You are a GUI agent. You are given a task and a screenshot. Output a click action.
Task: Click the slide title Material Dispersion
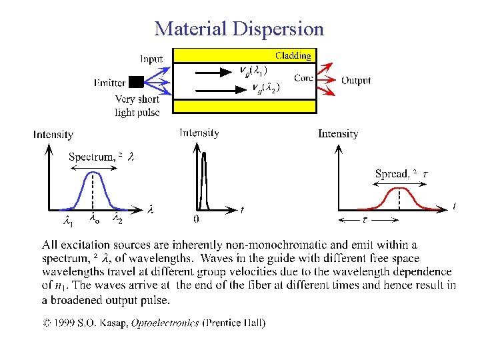pyautogui.click(x=239, y=29)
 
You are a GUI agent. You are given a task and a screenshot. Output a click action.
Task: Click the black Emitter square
pyautogui.click(x=136, y=82)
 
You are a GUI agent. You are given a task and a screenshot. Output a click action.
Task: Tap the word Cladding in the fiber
pyautogui.click(x=293, y=55)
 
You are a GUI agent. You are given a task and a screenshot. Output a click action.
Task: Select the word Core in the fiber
pyautogui.click(x=303, y=78)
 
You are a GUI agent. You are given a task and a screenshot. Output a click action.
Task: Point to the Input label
pyautogui.click(x=151, y=59)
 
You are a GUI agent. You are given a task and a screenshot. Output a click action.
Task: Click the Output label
pyautogui.click(x=356, y=80)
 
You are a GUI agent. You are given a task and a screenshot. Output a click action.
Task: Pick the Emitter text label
pyautogui.click(x=110, y=83)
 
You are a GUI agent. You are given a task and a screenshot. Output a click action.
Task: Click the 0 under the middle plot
pyautogui.click(x=196, y=218)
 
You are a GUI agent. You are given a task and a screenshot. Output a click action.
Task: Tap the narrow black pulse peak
pyautogui.click(x=204, y=155)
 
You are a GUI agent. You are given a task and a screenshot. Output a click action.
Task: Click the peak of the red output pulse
pyautogui.click(x=398, y=189)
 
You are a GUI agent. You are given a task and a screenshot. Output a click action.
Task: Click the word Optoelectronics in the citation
pyautogui.click(x=165, y=323)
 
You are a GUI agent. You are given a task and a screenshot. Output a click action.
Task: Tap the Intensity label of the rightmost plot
pyautogui.click(x=338, y=133)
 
